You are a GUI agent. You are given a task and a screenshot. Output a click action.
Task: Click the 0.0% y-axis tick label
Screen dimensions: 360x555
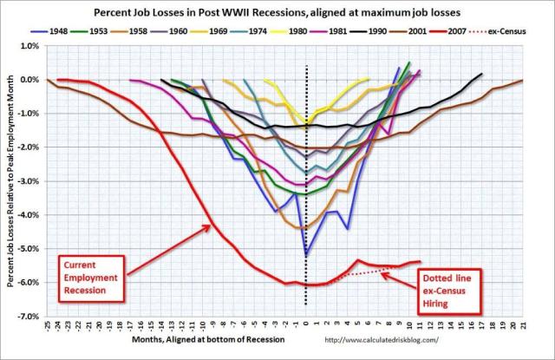click(34, 80)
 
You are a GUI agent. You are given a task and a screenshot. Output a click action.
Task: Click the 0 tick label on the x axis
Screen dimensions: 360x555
click(306, 328)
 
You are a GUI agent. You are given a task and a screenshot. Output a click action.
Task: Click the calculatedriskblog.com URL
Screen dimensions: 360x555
click(400, 341)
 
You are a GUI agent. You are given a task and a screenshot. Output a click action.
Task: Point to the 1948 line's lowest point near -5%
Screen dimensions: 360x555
click(306, 255)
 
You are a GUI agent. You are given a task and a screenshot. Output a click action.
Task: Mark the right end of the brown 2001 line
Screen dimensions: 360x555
click(523, 80)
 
